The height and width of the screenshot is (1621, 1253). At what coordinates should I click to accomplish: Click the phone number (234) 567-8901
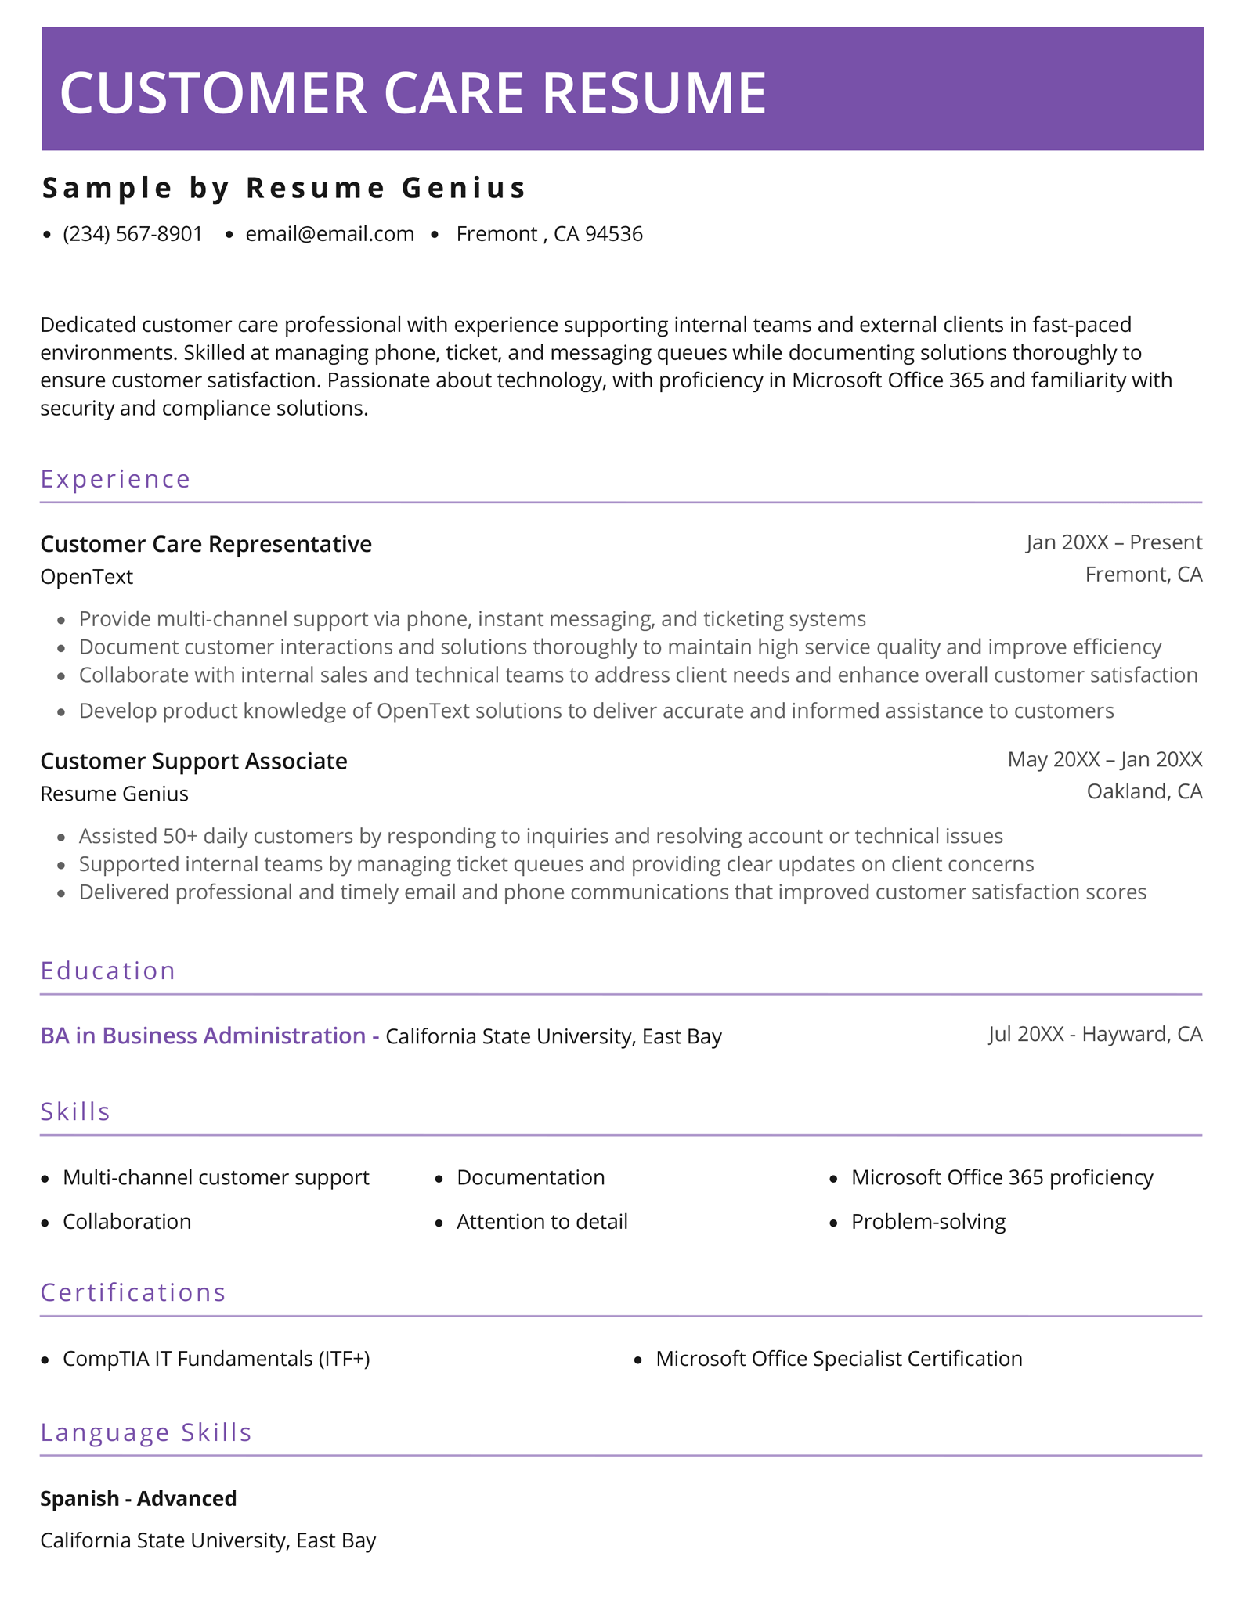(132, 234)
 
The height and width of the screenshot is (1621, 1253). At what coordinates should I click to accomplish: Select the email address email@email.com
(330, 234)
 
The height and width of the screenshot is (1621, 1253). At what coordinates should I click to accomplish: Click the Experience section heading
(115, 479)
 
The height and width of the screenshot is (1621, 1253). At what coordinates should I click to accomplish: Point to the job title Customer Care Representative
(206, 544)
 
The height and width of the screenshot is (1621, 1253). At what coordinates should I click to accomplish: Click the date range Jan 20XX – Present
(1114, 542)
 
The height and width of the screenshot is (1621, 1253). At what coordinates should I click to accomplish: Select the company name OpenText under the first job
(86, 577)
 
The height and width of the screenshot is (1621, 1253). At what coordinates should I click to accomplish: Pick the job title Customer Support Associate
(193, 761)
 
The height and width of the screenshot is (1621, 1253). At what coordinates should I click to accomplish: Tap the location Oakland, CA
(1143, 791)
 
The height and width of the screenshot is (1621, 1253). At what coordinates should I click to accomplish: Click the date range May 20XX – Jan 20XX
(1104, 759)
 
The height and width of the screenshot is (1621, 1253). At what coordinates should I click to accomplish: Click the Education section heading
(108, 971)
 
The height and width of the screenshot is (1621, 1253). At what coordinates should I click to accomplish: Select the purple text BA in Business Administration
(202, 1036)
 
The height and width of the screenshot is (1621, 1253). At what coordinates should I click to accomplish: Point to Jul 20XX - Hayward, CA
(1095, 1035)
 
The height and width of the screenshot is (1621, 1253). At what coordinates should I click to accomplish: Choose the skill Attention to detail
(542, 1222)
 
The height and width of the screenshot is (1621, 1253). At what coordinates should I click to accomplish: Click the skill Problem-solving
(928, 1222)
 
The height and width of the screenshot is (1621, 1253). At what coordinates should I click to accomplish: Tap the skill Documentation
(530, 1178)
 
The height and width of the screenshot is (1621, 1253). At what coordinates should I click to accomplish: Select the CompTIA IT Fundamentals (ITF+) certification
(216, 1359)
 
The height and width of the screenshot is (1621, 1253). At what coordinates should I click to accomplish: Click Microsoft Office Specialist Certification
(839, 1359)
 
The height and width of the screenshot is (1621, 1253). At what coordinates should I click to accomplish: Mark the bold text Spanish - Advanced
(138, 1498)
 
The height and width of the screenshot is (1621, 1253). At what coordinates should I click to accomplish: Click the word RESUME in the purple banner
(653, 93)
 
